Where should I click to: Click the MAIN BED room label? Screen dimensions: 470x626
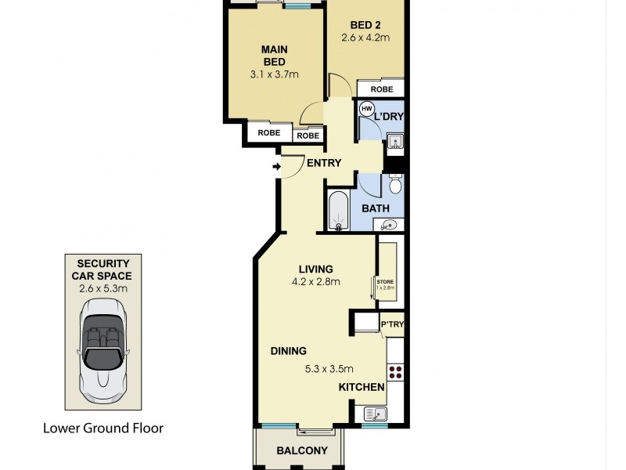pos(274,56)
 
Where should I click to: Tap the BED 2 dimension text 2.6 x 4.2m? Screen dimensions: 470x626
pos(365,37)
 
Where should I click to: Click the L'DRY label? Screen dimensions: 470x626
pos(387,117)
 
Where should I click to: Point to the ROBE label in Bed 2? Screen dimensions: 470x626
pos(382,89)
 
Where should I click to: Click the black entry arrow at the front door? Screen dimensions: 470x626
pos(276,166)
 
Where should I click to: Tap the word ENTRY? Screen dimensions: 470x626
pos(324,164)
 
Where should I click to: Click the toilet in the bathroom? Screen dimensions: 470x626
pos(395,186)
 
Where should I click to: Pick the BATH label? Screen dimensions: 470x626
pos(376,209)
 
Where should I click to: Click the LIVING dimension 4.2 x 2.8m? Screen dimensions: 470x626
pos(315,283)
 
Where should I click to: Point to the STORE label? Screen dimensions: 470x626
pos(386,281)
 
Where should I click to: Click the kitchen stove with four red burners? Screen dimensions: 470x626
pos(395,373)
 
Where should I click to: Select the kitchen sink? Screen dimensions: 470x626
pos(372,413)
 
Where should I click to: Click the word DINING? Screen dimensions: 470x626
pos(289,351)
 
